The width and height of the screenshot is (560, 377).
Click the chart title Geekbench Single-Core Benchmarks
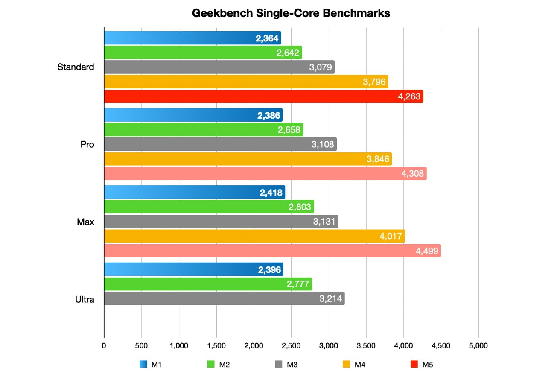[x=291, y=13]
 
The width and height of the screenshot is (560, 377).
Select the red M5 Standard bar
[x=256, y=96]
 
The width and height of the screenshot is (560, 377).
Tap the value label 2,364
[x=267, y=38]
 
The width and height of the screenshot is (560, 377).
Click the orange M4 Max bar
[x=248, y=236]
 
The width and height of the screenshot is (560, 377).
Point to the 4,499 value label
[x=427, y=251]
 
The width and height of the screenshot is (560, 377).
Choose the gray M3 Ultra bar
[x=213, y=299]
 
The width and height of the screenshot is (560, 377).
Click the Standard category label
[x=76, y=67]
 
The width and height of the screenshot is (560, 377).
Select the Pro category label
[x=87, y=144]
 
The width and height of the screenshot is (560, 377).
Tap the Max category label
[x=86, y=222]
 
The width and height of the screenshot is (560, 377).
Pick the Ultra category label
[x=85, y=299]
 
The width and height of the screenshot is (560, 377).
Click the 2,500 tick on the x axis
[x=291, y=345]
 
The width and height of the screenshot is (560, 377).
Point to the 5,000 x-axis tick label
[x=478, y=345]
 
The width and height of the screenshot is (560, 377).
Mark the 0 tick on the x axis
[x=104, y=345]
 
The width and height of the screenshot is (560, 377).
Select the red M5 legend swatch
[x=414, y=364]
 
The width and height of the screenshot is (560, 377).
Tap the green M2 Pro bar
[x=192, y=130]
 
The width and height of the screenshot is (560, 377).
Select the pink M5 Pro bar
[x=256, y=174]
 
